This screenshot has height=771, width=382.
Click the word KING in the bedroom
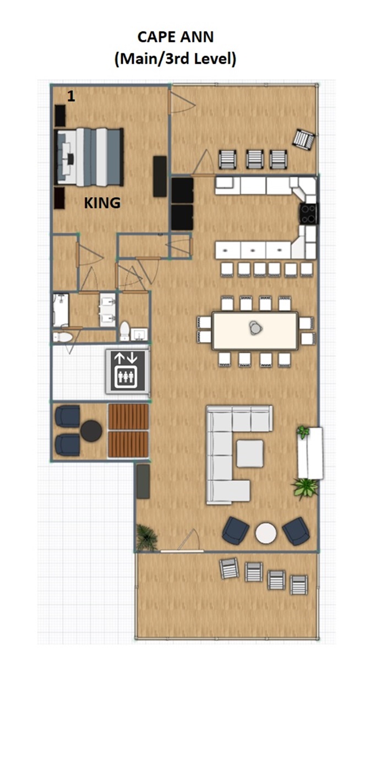tap(102, 203)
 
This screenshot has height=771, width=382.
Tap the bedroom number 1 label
tap(71, 96)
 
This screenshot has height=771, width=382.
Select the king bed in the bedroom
tap(89, 157)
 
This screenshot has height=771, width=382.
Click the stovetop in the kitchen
tap(308, 214)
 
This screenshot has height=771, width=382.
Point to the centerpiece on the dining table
tap(255, 328)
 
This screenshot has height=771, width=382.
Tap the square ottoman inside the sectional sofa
tap(250, 453)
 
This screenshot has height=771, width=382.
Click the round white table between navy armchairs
tap(266, 533)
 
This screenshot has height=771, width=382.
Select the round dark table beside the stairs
tap(91, 431)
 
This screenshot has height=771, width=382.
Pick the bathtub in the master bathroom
tap(61, 310)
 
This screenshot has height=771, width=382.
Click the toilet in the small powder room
tap(125, 331)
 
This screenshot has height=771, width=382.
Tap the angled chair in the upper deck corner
tap(304, 139)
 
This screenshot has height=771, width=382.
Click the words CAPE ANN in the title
tap(176, 37)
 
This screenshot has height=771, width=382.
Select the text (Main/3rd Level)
tap(176, 59)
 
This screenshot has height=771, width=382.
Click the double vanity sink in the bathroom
tap(107, 310)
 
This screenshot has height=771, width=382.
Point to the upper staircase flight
tap(128, 416)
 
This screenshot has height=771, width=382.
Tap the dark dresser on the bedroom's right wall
tap(160, 177)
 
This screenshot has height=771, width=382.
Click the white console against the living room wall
tap(310, 453)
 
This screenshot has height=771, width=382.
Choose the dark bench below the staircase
tap(143, 481)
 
